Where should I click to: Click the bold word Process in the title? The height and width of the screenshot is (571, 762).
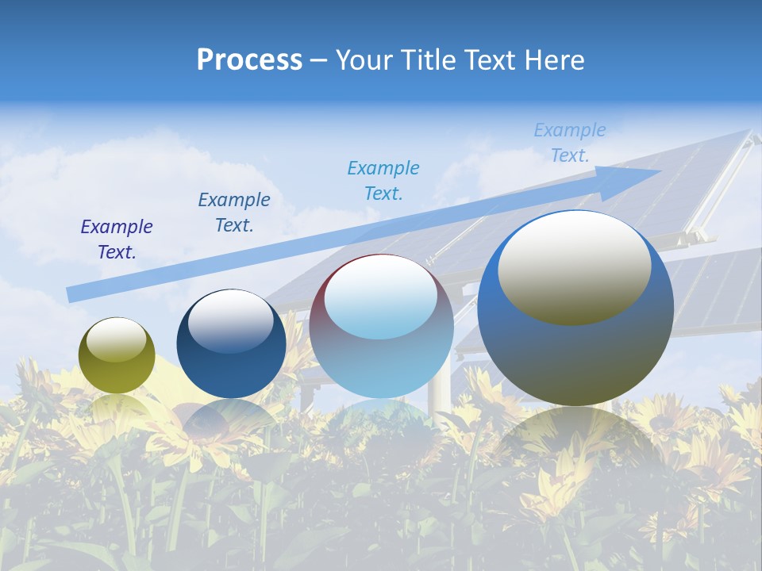pos(249,60)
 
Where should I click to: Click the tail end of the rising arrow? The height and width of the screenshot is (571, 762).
pos(71,294)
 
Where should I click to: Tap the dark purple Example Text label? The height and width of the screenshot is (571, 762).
pos(117,240)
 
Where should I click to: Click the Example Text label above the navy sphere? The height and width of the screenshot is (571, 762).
pos(234,213)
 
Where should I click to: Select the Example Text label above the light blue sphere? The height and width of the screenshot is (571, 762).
pos(383,180)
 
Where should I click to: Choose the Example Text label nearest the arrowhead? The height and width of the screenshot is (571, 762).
pos(570,143)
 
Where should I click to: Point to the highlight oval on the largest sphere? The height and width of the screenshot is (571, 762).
pos(575,268)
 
